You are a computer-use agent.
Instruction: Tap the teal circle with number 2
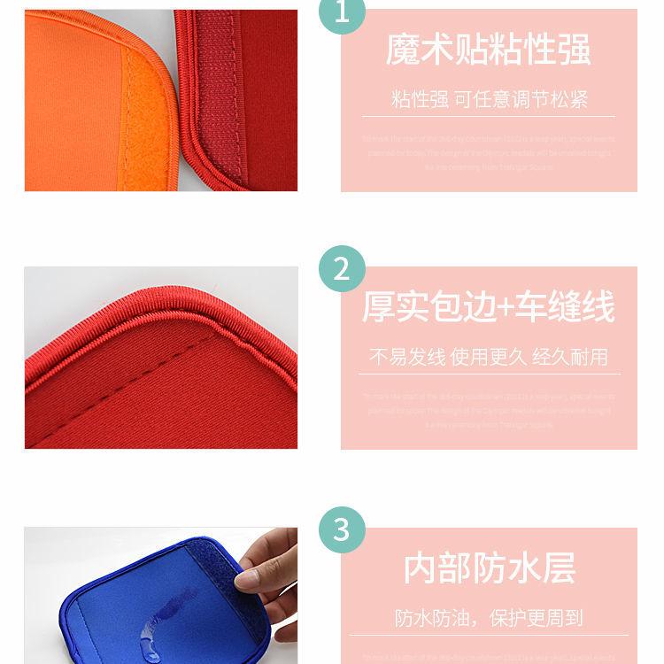pos(342,267)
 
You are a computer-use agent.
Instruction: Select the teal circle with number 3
pos(342,529)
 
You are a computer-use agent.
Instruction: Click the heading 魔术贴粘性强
pos(488,50)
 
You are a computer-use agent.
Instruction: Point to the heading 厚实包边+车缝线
pos(488,307)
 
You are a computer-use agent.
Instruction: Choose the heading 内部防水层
pos(489,567)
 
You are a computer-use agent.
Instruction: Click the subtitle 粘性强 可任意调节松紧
pos(489,98)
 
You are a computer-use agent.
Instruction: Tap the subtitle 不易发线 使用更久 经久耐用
pos(489,357)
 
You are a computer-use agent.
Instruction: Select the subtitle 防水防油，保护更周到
pos(489,617)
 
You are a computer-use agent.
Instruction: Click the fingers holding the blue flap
pos(266,567)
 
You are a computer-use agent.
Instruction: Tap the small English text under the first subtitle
pos(489,152)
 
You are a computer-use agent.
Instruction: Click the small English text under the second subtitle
pos(489,410)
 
